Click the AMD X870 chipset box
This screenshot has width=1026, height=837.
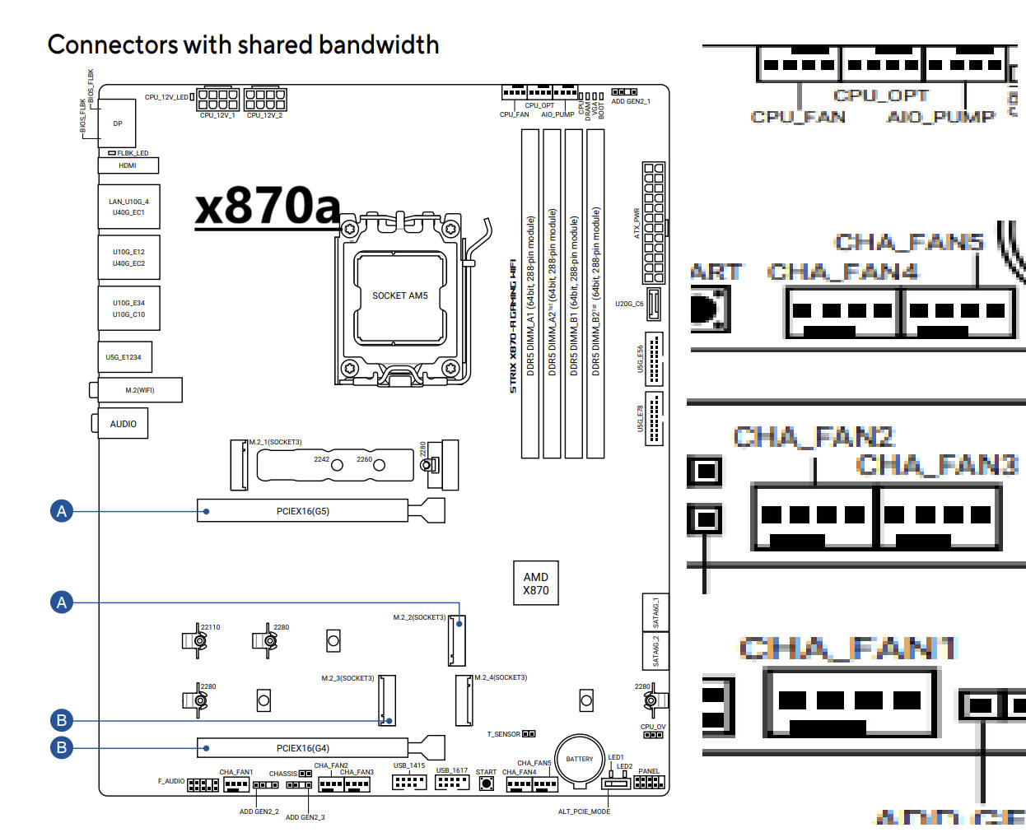coord(535,584)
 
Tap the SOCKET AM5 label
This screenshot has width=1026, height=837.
coord(399,295)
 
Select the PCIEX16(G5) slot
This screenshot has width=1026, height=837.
coord(302,511)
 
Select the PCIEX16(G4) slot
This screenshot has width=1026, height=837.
coord(302,748)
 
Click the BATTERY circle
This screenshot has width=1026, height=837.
coord(580,759)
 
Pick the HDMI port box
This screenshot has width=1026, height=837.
coord(128,165)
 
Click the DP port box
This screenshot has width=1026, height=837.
coord(118,123)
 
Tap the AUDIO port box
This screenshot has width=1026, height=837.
coord(124,424)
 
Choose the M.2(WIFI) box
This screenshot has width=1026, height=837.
coord(140,390)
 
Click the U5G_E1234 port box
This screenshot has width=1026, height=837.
coord(124,357)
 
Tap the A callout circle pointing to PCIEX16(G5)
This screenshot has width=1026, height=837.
coord(62,511)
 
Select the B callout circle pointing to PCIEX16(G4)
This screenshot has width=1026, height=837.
coord(62,747)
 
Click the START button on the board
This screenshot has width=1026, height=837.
coord(487,784)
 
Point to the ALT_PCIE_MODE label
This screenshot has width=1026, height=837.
coord(584,811)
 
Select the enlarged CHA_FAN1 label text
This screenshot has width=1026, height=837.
coord(847,649)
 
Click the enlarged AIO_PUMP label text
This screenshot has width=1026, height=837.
coord(940,117)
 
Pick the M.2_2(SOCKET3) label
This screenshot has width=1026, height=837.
coord(419,617)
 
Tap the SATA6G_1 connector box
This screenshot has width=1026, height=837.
coord(655,613)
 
